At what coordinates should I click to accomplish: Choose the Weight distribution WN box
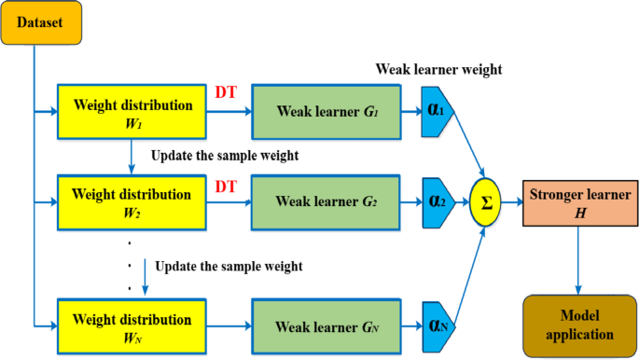pyautogui.click(x=132, y=323)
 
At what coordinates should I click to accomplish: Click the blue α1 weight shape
pyautogui.click(x=436, y=111)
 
